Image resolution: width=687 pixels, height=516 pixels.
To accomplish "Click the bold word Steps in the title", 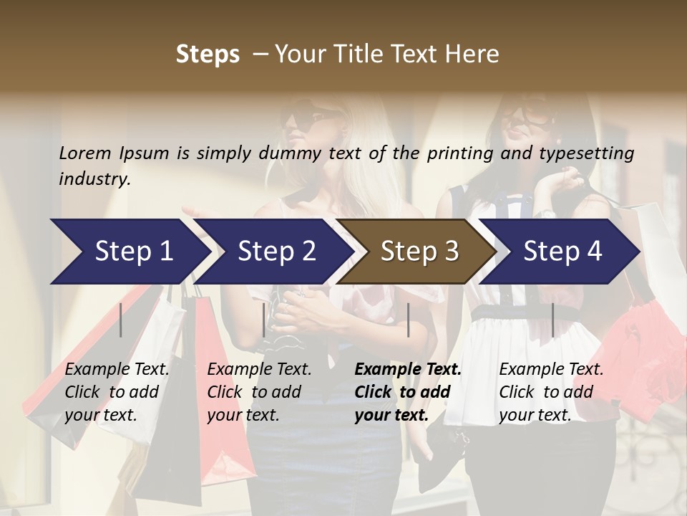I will pyautogui.click(x=208, y=54).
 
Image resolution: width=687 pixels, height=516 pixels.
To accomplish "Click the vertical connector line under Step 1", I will pyautogui.click(x=121, y=320).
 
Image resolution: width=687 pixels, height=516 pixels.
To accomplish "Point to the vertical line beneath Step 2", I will pyautogui.click(x=264, y=320).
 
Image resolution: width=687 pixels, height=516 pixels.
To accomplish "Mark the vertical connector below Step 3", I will pyautogui.click(x=408, y=320).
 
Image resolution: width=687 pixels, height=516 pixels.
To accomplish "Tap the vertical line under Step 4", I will pyautogui.click(x=552, y=320).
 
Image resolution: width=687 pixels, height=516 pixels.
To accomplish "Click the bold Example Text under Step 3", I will pyautogui.click(x=408, y=392).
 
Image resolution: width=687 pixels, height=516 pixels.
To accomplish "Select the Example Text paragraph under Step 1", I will pyautogui.click(x=117, y=392).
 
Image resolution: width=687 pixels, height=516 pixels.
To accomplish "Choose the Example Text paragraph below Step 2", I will pyautogui.click(x=259, y=392).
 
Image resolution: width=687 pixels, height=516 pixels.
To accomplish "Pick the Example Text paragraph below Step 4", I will pyautogui.click(x=551, y=392).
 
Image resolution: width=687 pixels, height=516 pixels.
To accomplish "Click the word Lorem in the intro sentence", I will pyautogui.click(x=85, y=153).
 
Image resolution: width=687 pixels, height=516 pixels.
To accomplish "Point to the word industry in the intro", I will pyautogui.click(x=94, y=179).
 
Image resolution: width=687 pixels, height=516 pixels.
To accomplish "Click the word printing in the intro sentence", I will pyautogui.click(x=467, y=153).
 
